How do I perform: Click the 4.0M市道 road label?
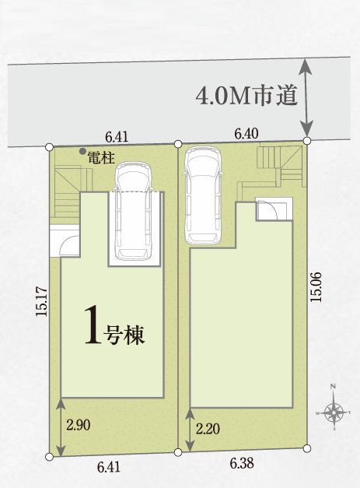pos(246,95)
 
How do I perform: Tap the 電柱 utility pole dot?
pos(82,151)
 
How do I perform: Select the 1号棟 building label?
pos(115,325)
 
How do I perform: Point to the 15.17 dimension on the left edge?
pos(42,302)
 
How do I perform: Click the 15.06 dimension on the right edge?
pos(316,286)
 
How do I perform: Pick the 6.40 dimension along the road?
pos(246,134)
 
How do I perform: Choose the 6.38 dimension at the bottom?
pos(242,463)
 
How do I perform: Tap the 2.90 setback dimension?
pos(79,424)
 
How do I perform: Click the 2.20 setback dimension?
pos(208,429)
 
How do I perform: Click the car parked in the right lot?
pos(203,196)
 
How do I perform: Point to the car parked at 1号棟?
pos(134,211)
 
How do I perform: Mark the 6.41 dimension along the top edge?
pos(117,137)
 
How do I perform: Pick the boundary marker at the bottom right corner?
pos(307,448)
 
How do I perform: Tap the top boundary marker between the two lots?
pos(178,144)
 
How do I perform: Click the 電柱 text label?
pos(101,158)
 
